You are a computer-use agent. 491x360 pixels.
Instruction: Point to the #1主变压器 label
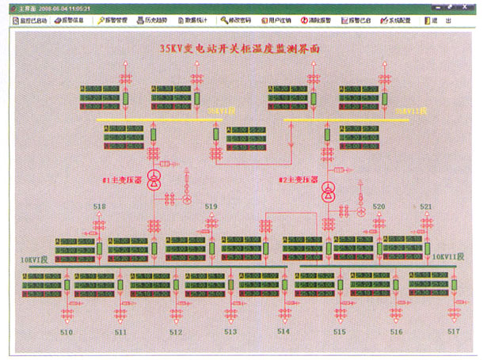tap(121, 180)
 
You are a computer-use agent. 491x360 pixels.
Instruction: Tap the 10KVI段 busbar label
tap(35, 259)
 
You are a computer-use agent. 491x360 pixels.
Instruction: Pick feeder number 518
tap(99, 207)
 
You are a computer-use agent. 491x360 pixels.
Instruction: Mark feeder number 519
tap(211, 207)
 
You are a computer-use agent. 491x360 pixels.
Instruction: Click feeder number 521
tap(426, 207)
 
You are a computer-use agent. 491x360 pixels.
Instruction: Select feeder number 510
tap(67, 332)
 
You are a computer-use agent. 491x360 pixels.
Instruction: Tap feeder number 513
tap(230, 332)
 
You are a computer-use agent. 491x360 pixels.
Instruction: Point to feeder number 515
tap(340, 332)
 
